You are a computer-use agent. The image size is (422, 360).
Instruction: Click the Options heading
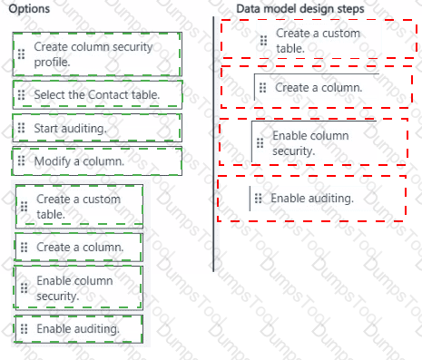coord(29,9)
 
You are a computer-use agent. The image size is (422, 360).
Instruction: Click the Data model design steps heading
coord(300,9)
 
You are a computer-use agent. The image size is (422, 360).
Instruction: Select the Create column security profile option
coord(97,54)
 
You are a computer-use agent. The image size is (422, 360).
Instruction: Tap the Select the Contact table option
coord(97,95)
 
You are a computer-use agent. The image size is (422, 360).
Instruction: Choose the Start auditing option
coord(97,128)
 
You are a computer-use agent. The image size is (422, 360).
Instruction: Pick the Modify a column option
coord(97,161)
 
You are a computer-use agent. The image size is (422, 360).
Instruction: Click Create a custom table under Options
coord(79,207)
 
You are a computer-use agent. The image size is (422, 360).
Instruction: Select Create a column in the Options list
coord(79,248)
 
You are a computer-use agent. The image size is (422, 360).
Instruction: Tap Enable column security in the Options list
coord(78,288)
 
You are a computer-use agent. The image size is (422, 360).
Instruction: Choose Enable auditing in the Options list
coord(79,329)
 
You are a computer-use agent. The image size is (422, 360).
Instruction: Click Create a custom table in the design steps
coord(319,40)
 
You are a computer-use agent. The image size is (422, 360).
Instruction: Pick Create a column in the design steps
coord(317,88)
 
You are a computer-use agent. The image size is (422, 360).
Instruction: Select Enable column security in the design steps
coord(314,143)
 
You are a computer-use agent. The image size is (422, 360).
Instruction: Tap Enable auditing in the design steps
coord(310,199)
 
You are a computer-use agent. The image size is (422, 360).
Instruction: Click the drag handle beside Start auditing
coord(21,128)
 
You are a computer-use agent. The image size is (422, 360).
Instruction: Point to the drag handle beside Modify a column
coord(21,161)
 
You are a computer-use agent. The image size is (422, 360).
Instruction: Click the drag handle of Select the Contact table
coord(21,95)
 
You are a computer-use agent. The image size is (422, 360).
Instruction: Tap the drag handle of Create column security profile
coord(21,54)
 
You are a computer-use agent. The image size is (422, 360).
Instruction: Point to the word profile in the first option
coord(52,63)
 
